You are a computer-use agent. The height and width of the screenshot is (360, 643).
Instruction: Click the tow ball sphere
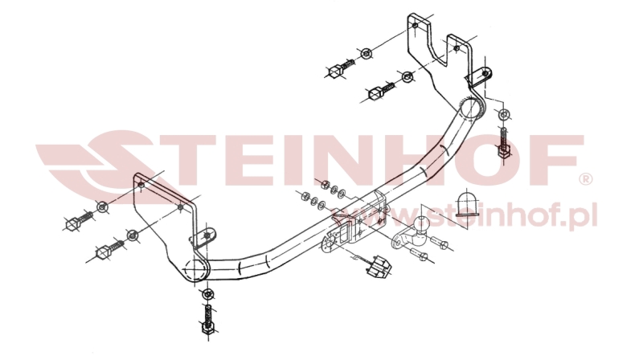point(421,225)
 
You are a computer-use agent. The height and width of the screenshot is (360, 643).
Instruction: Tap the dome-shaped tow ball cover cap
point(468,202)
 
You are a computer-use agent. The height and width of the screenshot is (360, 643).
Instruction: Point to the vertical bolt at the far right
point(504,144)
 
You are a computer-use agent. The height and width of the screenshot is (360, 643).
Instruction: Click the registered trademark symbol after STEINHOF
point(585,178)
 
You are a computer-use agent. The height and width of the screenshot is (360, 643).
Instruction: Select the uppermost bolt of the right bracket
point(340,68)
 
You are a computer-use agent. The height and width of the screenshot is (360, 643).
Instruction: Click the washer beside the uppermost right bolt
point(366,53)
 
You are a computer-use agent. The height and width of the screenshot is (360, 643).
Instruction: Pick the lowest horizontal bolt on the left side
point(109,250)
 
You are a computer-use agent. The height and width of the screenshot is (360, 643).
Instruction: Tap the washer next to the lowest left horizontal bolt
point(133,235)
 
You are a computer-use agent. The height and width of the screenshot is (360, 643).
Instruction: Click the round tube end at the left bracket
point(195,268)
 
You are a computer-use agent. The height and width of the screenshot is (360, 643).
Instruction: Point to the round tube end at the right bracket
point(471,109)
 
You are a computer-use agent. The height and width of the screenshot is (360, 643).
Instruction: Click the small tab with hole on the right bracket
point(479,76)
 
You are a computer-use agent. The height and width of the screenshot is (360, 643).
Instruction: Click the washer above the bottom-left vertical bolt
point(207,293)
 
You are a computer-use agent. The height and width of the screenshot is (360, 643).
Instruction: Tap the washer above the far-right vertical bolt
point(504,114)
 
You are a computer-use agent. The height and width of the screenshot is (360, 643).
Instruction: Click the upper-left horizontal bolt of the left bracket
point(79,220)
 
